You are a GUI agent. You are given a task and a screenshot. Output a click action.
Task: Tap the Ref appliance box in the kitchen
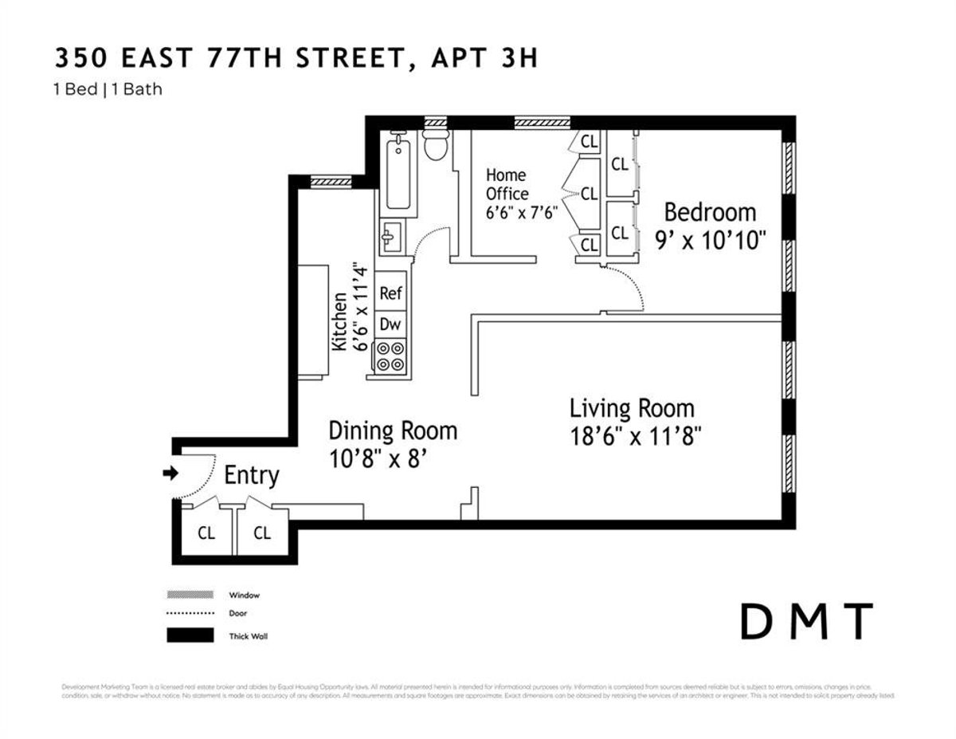[x=390, y=293]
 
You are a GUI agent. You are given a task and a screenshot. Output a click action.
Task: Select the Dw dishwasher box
[x=390, y=324]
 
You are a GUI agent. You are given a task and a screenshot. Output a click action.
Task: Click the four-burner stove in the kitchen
[x=390, y=356]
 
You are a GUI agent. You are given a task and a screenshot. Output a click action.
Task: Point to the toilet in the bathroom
[x=436, y=144]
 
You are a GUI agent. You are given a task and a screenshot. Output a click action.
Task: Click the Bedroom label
[x=709, y=212]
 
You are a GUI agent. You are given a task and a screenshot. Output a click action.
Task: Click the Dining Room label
[x=393, y=431]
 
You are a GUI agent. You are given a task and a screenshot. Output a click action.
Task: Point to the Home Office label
[x=507, y=184]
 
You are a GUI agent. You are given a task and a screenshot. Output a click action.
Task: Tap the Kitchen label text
[x=339, y=321]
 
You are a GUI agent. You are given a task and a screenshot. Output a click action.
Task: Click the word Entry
[x=252, y=476]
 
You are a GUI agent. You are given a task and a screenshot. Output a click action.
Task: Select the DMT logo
[x=806, y=622]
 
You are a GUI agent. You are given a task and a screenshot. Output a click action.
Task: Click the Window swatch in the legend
[x=190, y=595]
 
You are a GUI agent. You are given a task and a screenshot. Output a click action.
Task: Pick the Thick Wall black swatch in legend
[x=190, y=635]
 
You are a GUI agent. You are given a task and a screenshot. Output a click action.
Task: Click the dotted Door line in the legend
[x=190, y=614]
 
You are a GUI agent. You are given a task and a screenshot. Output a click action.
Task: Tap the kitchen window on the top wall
[x=331, y=182]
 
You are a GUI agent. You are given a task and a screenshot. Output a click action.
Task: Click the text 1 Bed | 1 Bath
[x=108, y=89]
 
